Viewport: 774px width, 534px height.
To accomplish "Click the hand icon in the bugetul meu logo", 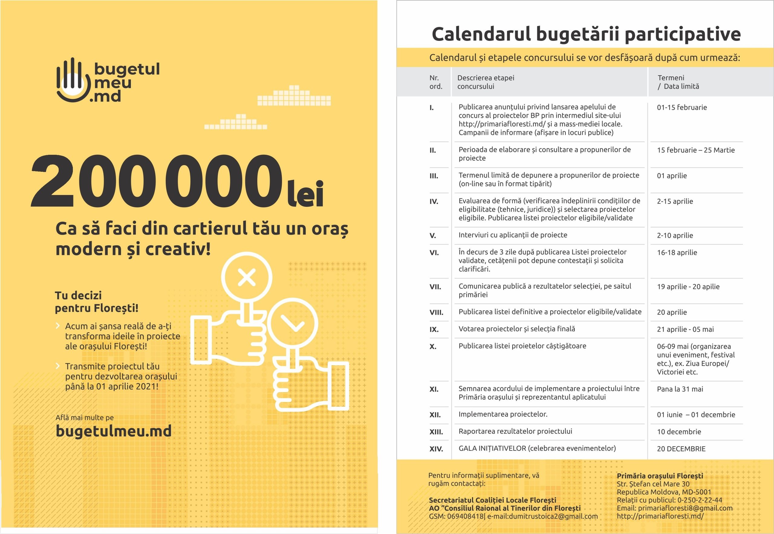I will click(x=73, y=80).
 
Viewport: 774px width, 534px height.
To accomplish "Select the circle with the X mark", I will click(x=247, y=277).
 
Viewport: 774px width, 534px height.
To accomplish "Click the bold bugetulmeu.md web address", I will click(x=113, y=431).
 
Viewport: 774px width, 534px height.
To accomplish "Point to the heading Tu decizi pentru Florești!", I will click(x=96, y=301).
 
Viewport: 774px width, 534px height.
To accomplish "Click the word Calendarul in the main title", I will click(x=481, y=34).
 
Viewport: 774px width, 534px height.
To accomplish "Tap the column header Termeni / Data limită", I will click(x=678, y=82).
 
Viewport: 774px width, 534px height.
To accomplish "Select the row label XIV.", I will click(x=436, y=449).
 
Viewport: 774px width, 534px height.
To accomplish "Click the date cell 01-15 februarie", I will click(x=682, y=107).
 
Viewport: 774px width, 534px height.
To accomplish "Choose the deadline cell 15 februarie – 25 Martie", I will click(x=695, y=150).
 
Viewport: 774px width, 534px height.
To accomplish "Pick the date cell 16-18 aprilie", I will click(x=677, y=252).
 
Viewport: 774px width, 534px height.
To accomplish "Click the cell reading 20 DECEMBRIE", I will click(x=681, y=449).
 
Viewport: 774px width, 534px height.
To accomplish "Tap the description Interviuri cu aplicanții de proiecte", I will click(x=512, y=235).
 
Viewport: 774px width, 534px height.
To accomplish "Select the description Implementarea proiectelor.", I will click(x=503, y=414).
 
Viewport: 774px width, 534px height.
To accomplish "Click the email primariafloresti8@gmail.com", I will click(x=685, y=508).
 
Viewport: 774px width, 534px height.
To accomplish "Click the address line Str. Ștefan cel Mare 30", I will click(x=653, y=484).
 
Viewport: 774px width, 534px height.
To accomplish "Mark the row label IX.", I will click(x=434, y=330).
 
